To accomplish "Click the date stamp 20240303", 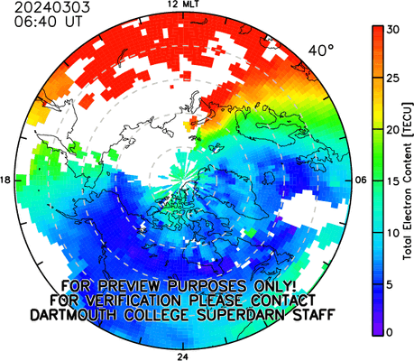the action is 52,7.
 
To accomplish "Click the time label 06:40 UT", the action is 48,22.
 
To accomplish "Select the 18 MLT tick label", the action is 5,180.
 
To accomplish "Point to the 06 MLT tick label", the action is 361,180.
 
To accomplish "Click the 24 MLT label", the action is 182,356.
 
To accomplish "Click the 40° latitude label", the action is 321,51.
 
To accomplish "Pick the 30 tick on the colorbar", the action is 392,30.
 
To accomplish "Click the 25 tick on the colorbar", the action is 392,79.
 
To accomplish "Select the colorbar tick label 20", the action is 392,130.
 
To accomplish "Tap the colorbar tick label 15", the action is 392,181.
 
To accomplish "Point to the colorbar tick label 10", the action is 392,233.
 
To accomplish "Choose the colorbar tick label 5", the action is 390,284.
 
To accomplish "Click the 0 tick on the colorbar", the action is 390,332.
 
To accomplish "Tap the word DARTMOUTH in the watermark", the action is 73,315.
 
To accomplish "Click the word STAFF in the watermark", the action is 314,315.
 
